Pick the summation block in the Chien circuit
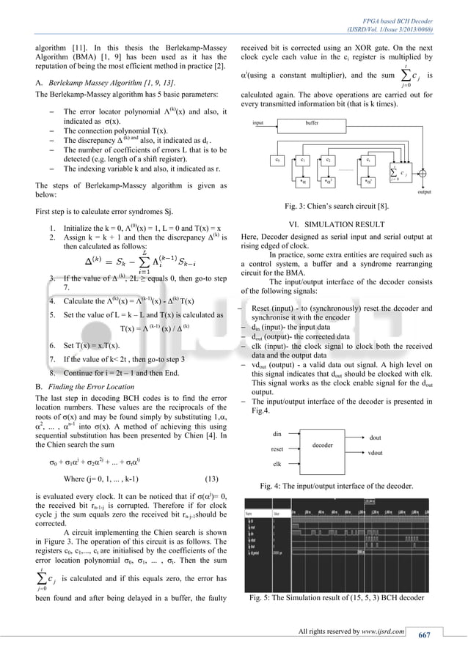click(402, 172)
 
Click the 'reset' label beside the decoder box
click(277, 448)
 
